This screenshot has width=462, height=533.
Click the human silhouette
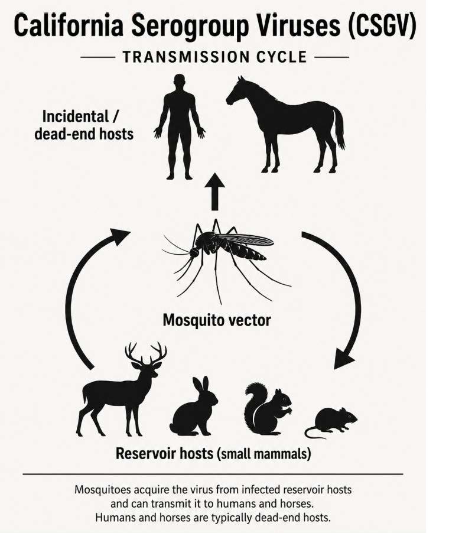[180, 122]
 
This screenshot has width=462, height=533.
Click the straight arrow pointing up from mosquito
[215, 192]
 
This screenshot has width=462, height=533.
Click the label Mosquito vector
[217, 320]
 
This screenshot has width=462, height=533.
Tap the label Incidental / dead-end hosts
[84, 125]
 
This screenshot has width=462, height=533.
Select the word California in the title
[69, 24]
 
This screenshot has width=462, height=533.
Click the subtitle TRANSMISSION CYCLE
[215, 57]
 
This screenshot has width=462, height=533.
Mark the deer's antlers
[146, 353]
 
